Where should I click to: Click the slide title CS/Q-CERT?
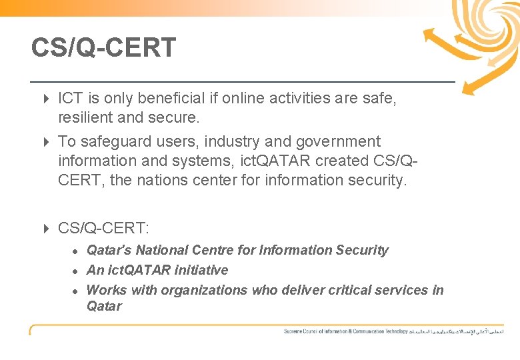103,48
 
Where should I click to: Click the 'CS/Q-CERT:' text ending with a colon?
104,229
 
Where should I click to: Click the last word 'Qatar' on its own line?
104,306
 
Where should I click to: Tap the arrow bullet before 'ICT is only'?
46,99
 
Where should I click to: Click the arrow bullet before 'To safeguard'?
46,142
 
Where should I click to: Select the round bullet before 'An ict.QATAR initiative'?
77,271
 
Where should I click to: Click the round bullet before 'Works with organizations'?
77,291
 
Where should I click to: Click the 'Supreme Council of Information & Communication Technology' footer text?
345,331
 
